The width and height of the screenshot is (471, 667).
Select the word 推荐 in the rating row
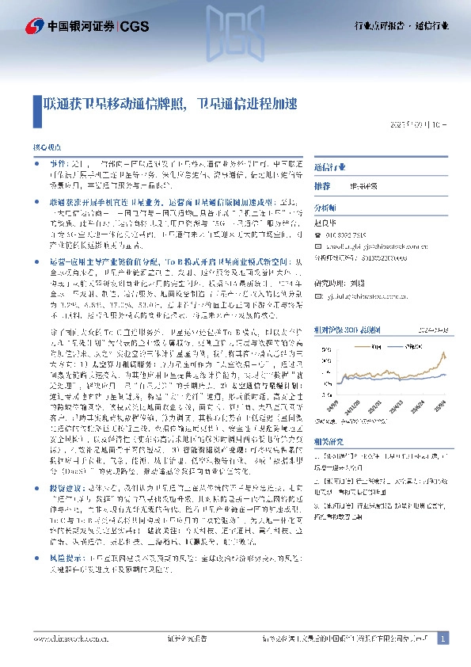[322, 185]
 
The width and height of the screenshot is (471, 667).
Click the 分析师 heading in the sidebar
[325, 206]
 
